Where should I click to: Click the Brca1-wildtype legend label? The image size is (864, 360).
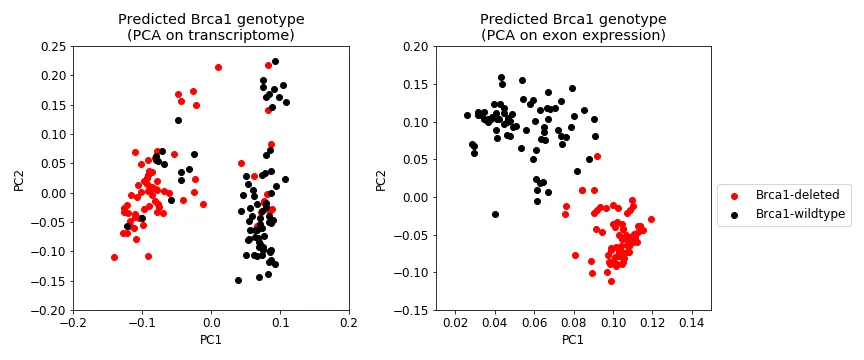[800, 213]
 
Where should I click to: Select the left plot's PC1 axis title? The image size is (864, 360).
[211, 341]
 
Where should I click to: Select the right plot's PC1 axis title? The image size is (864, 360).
[573, 341]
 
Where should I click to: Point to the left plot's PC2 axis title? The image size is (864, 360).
[19, 179]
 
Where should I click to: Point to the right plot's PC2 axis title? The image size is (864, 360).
[381, 179]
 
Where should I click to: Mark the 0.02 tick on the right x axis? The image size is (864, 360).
[455, 324]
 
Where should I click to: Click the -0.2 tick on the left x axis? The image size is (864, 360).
[71, 324]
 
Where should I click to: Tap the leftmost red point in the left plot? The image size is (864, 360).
[114, 257]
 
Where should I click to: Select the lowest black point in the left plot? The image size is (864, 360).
[238, 280]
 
